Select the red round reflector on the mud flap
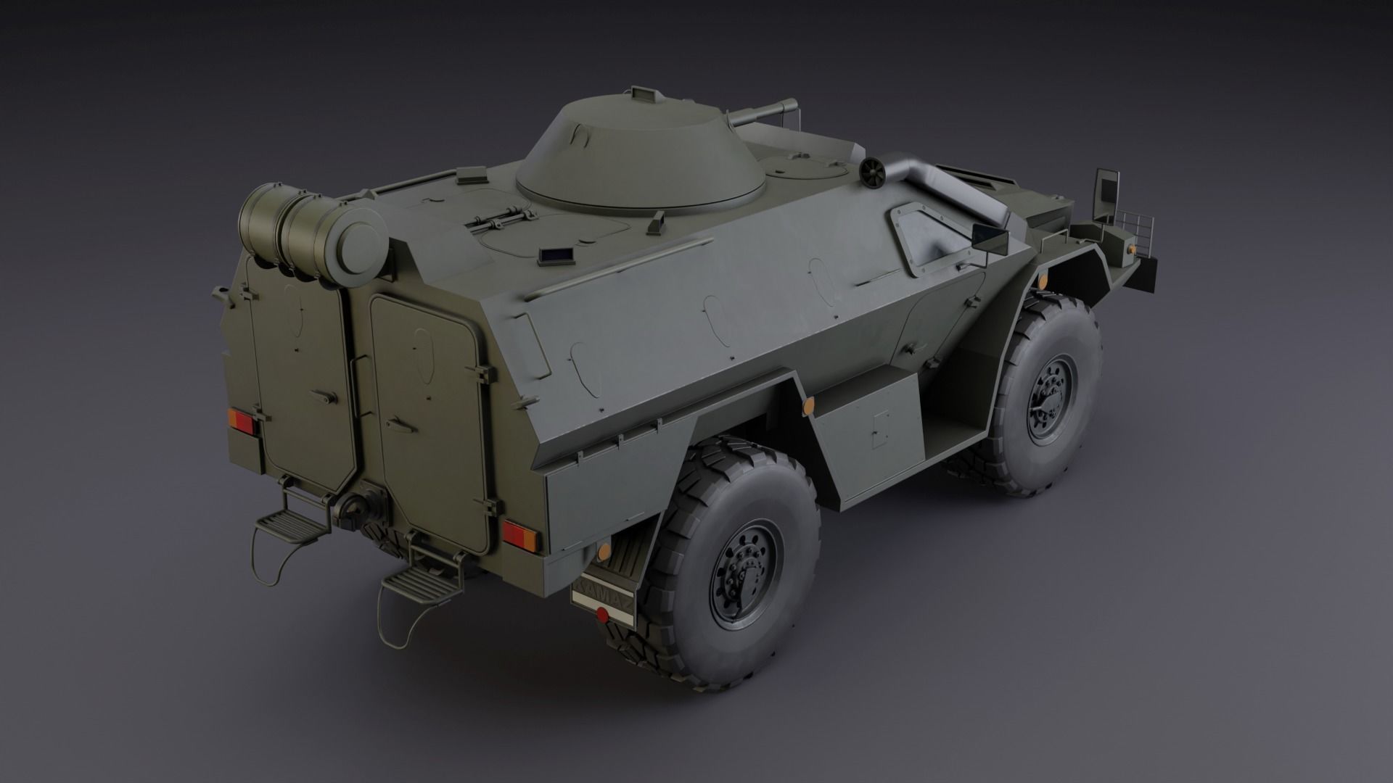coord(601,616)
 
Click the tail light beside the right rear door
coord(519,537)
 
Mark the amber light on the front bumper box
coord(1130,248)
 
